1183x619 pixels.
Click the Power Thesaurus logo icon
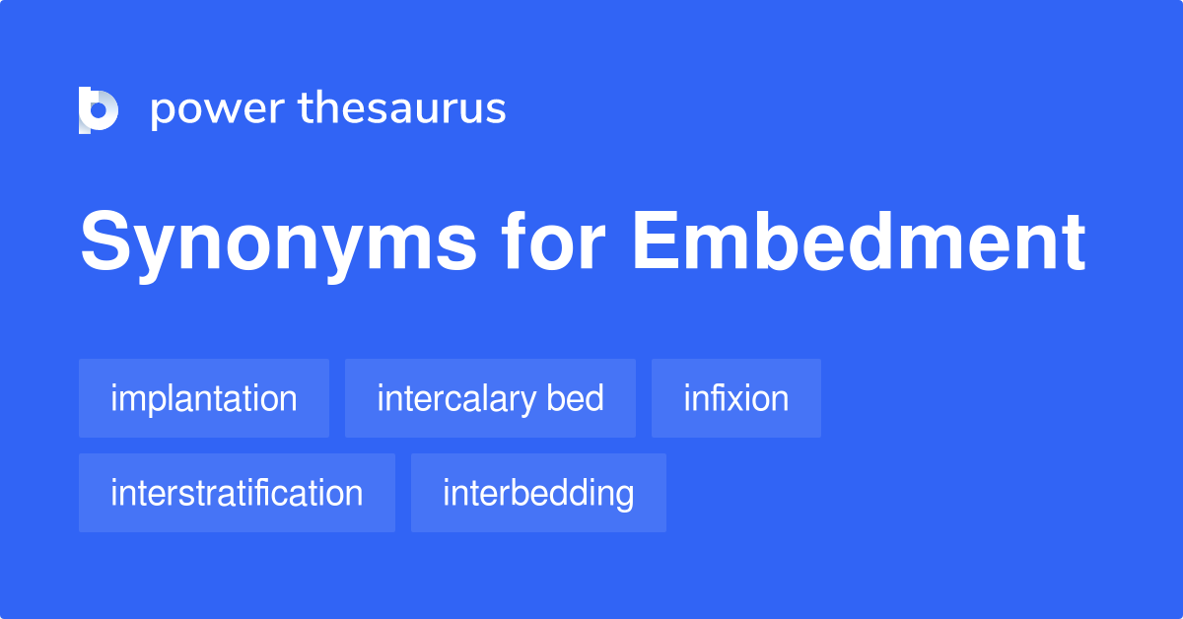[x=98, y=109]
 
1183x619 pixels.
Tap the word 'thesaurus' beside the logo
[x=402, y=109]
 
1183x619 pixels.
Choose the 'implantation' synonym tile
[x=204, y=398]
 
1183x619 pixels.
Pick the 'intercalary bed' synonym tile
[x=490, y=398]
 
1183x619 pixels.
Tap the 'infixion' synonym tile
[x=735, y=398]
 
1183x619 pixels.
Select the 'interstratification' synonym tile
[x=237, y=493]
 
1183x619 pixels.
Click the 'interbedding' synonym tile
[x=538, y=493]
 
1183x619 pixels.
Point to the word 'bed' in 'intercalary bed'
[x=577, y=398]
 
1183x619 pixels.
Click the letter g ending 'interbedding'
[x=623, y=496]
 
